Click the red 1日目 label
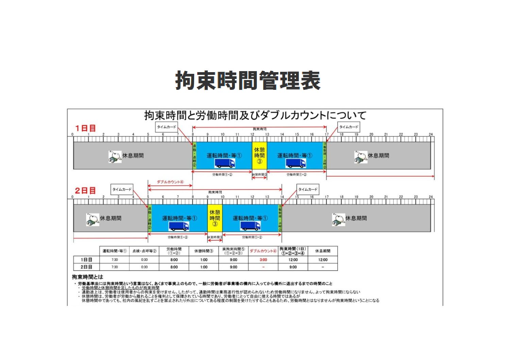tap(85, 128)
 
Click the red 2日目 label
tap(85, 191)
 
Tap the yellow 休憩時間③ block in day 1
tap(259, 156)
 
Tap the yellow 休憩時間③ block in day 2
tap(215, 218)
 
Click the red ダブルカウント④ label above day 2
tap(170, 182)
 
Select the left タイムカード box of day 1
tap(167, 127)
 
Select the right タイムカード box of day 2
tap(308, 190)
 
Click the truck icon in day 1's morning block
tap(224, 163)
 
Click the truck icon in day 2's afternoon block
tap(250, 226)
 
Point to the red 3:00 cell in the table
tap(263, 260)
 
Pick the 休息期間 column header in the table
tap(323, 251)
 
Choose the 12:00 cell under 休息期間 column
tap(323, 260)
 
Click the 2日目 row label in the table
tap(86, 267)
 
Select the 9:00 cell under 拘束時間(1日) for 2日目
tap(293, 267)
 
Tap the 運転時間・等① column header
tap(115, 251)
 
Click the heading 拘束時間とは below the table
tap(87, 277)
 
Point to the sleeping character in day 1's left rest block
tap(115, 157)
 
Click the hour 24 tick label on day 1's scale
tap(431, 134)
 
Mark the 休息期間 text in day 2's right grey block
tap(356, 218)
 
